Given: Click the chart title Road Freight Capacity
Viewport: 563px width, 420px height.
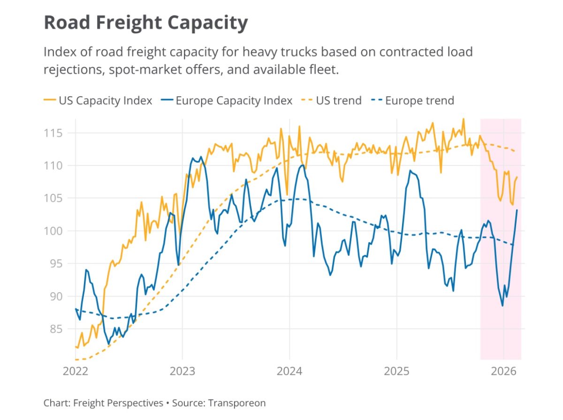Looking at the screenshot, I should (x=145, y=23).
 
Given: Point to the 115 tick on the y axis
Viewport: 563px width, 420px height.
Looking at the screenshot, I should (x=53, y=133).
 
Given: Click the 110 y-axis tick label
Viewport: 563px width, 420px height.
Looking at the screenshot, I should (x=53, y=166).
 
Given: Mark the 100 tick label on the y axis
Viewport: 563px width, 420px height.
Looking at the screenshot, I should (x=53, y=231).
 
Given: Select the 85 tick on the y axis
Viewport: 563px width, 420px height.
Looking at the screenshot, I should (x=56, y=328).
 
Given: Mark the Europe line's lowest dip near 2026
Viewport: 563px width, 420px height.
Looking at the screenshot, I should (x=502, y=306).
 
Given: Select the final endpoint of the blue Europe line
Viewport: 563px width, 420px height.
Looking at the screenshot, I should (x=517, y=210).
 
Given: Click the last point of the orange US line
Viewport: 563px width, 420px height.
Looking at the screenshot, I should (x=517, y=177).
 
